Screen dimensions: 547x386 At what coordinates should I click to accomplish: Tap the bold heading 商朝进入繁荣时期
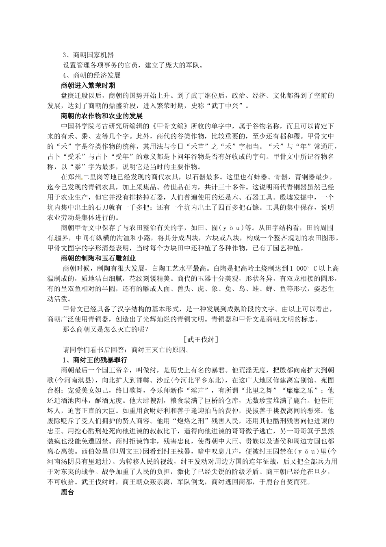coord(88,85)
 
